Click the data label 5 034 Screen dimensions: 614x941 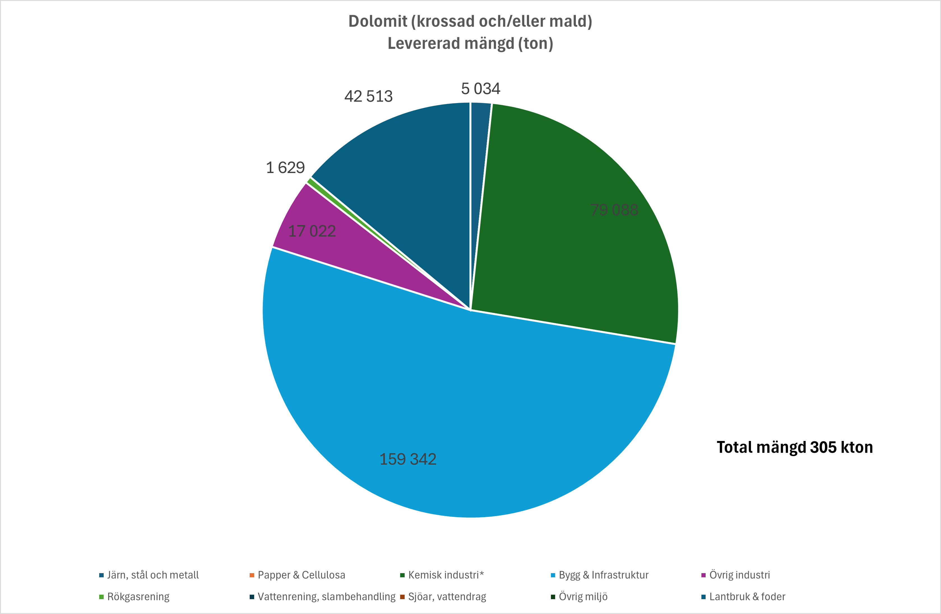coord(480,88)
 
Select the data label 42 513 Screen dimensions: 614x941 coord(368,96)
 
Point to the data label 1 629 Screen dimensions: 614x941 coord(285,167)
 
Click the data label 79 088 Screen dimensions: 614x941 coord(614,210)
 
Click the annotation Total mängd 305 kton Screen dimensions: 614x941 coord(795,447)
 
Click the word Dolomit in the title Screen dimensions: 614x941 coord(377,21)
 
